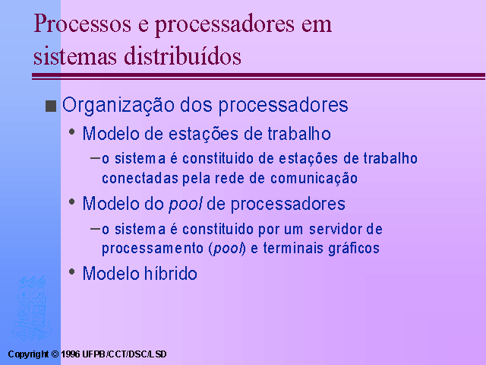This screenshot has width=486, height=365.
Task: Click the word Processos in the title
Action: click(83, 24)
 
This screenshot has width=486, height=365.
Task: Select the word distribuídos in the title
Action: click(182, 56)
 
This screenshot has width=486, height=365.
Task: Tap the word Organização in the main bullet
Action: click(118, 106)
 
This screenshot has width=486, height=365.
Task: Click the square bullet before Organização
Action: click(51, 106)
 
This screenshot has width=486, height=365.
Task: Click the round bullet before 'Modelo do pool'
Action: click(72, 202)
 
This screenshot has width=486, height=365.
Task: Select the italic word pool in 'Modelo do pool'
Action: click(185, 205)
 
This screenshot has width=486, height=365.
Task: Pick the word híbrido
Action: click(170, 274)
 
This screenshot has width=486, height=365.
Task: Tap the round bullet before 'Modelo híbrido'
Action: click(72, 272)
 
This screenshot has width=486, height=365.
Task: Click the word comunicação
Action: click(314, 179)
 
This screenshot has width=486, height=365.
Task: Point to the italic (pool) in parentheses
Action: click(228, 249)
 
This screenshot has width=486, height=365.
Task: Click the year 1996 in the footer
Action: click(71, 354)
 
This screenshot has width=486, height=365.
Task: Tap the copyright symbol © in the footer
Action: click(55, 354)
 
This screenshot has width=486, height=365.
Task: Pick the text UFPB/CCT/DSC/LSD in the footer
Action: click(125, 354)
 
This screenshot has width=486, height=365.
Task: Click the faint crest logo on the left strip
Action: click(31, 307)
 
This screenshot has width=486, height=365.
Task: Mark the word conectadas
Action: click(140, 179)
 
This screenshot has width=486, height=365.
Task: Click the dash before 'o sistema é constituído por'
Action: click(95, 230)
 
